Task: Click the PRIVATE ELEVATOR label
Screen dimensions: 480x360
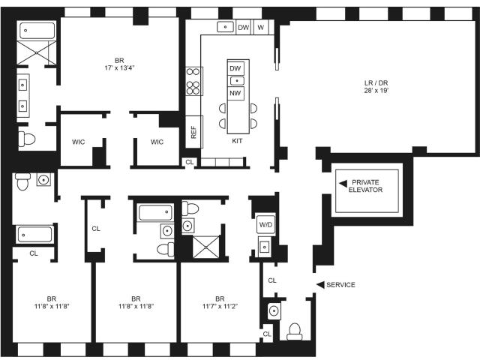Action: point(365,186)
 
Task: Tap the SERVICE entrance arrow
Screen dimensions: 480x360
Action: point(320,285)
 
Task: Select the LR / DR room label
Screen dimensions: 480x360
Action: point(376,83)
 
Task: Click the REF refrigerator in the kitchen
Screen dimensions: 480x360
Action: point(193,132)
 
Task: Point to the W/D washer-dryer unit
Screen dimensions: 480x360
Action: point(265,225)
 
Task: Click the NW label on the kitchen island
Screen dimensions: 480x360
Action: point(235,93)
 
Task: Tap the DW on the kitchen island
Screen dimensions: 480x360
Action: point(235,68)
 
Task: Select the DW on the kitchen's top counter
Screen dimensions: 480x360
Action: point(244,28)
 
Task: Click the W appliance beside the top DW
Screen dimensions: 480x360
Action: point(261,28)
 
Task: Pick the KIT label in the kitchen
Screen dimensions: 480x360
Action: point(237,141)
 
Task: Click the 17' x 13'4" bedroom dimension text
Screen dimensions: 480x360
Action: point(119,67)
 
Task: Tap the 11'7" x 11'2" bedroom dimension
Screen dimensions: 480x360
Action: point(220,306)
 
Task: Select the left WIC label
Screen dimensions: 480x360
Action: point(78,142)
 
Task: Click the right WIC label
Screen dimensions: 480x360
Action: point(157,142)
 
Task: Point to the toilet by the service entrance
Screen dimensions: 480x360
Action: point(295,331)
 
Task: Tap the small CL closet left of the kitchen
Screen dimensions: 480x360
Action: point(190,162)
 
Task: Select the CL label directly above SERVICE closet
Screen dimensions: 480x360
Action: point(272,280)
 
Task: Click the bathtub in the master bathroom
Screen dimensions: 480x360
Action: point(37,31)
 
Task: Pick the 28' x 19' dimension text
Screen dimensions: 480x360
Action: point(376,90)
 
